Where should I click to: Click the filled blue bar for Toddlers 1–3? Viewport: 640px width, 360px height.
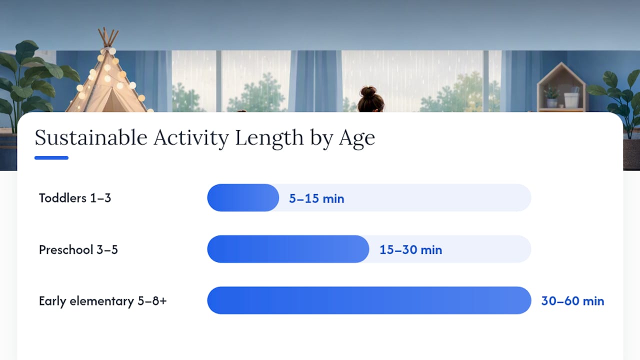(243, 197)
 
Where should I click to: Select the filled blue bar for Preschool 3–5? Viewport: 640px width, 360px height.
(288, 249)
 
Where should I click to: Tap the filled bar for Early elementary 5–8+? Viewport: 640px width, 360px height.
(369, 300)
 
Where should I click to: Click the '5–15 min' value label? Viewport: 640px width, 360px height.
(316, 198)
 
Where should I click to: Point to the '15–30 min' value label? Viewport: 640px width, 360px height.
(411, 249)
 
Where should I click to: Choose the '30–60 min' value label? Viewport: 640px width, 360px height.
(572, 301)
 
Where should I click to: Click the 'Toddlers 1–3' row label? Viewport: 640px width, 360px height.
(75, 198)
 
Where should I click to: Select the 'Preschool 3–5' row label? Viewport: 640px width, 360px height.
(78, 249)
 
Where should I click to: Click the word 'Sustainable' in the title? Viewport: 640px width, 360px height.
(91, 137)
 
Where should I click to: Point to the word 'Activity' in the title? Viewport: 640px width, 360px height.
(191, 139)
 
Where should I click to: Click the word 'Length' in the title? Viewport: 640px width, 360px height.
(269, 139)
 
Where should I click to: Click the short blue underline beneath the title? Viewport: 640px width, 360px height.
(51, 157)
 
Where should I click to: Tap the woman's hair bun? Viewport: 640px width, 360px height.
(368, 92)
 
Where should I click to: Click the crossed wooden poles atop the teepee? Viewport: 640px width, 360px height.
(108, 37)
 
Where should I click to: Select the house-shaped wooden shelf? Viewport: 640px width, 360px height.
(561, 87)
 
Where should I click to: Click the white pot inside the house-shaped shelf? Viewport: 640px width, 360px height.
(571, 100)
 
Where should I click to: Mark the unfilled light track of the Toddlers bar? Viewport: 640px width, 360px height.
(405, 197)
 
